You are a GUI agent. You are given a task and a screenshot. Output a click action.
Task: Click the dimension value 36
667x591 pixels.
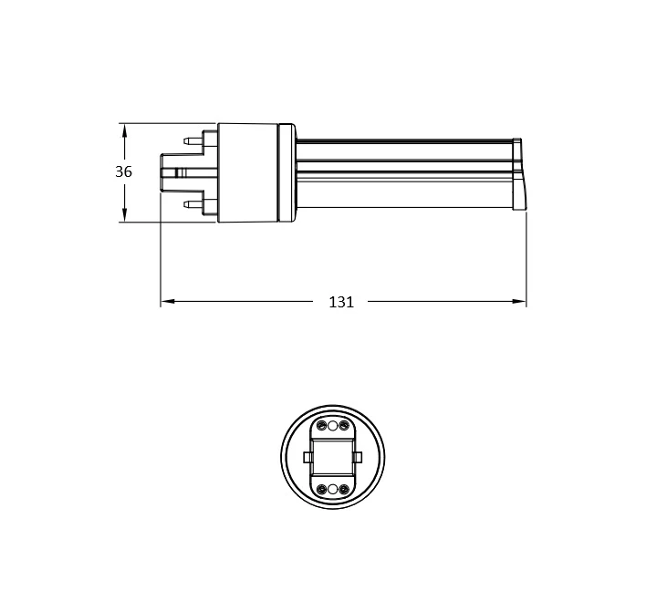point(123,171)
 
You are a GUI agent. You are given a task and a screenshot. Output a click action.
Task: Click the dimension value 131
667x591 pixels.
point(341,302)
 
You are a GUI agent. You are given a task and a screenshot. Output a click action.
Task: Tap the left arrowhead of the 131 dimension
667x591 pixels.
point(169,302)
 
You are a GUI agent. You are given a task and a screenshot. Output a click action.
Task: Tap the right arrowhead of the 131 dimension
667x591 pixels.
point(518,302)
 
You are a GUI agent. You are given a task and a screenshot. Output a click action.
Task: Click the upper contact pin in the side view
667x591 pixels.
point(193,140)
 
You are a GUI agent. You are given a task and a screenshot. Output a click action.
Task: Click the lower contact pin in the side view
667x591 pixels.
point(193,204)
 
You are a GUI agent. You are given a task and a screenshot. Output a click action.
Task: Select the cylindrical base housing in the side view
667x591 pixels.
point(247,172)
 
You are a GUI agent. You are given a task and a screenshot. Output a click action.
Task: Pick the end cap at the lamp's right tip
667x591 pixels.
point(519,174)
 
